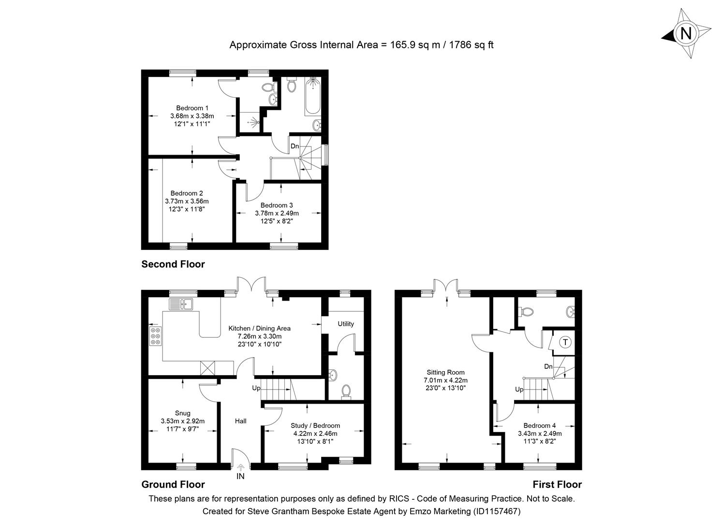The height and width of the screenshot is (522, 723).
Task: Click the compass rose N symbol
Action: (686, 34)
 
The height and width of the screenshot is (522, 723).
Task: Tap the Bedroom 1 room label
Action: (192, 108)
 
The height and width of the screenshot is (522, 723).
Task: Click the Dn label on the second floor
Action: (295, 146)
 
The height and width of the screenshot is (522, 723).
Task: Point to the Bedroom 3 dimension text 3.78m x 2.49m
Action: (277, 213)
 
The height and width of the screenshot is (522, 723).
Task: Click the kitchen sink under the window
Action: (181, 304)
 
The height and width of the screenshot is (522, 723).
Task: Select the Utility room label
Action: (346, 324)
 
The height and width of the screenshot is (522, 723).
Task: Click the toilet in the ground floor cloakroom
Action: (346, 391)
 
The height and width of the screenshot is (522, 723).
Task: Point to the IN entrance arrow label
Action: (240, 476)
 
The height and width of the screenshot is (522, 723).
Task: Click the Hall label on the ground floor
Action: (240, 421)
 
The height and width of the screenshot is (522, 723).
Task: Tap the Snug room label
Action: (182, 413)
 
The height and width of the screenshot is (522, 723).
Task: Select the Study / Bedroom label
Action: (315, 426)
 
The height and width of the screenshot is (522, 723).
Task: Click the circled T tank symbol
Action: (565, 342)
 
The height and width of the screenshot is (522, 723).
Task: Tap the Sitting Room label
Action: (445, 372)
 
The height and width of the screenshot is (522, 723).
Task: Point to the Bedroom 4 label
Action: (540, 426)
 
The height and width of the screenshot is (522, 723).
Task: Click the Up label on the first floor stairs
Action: (519, 390)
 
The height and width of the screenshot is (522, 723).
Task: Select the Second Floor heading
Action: (173, 264)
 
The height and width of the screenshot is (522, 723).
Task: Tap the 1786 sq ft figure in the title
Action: (471, 45)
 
